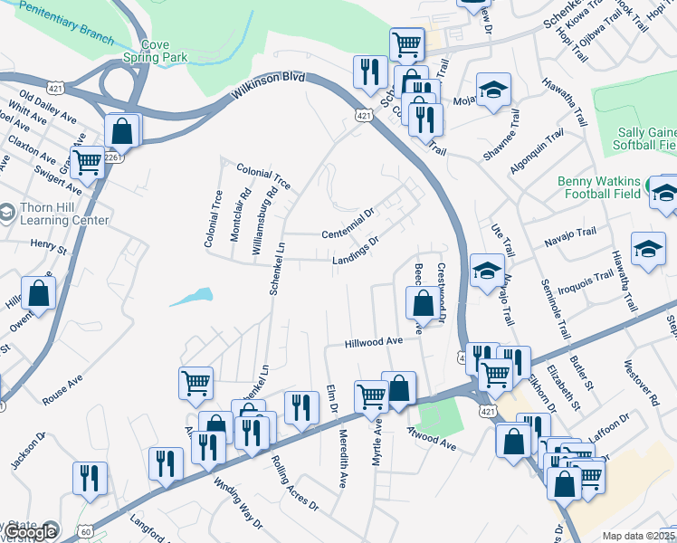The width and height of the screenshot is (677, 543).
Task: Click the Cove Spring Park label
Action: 163,50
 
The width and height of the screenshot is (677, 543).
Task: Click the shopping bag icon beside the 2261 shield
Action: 121,132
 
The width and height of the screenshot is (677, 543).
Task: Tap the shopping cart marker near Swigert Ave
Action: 88,164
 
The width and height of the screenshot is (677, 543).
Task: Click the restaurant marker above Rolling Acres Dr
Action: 301,408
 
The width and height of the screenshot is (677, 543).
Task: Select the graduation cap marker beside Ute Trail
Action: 486,270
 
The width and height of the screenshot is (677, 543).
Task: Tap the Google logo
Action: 31,532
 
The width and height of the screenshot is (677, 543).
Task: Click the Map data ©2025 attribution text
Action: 639,536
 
